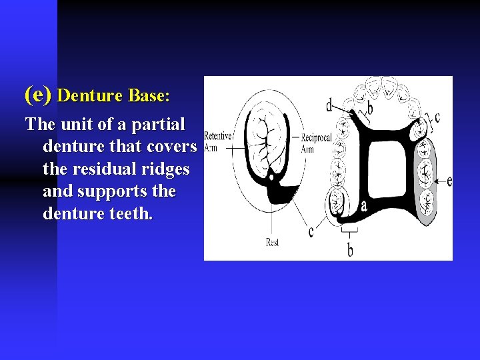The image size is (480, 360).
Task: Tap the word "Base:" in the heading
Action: [149, 95]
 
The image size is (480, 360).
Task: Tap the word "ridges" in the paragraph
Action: [166, 169]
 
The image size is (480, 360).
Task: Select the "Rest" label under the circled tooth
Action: [272, 242]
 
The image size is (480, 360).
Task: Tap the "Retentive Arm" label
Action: [217, 141]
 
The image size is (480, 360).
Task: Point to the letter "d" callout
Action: [329, 105]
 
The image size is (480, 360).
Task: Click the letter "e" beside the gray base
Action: [449, 180]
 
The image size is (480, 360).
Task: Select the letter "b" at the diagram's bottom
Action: [350, 250]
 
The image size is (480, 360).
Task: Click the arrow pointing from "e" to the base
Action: [439, 180]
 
